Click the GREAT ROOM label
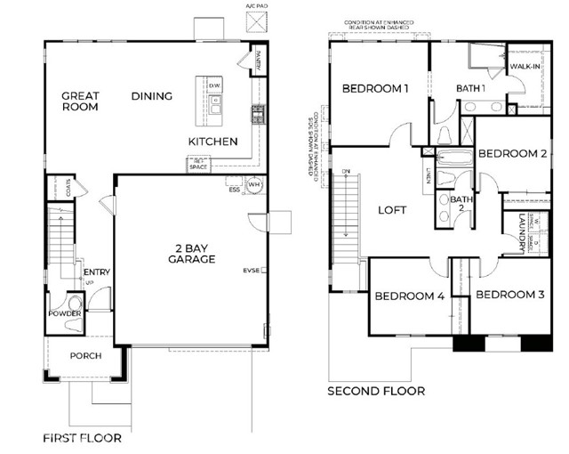coord(80,101)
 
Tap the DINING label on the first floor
coord(153,95)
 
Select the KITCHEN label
coord(212,142)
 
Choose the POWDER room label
coord(65,314)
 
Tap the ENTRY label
coord(96,272)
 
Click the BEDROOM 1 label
coord(376,89)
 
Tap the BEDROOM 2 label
coord(512,153)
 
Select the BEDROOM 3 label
coord(509,295)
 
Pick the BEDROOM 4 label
coord(408,296)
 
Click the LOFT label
coord(392,210)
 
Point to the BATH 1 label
coord(470,89)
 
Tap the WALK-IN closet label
coord(525,67)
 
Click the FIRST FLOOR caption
coord(82,438)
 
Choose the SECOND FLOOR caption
coord(376,391)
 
